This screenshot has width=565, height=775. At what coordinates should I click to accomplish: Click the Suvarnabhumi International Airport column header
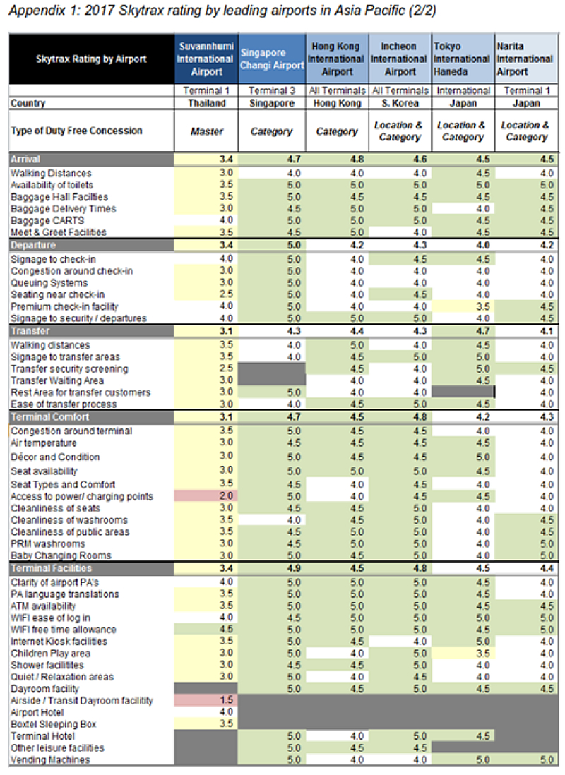(206, 59)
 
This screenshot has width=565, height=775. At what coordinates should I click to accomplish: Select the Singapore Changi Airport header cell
(272, 59)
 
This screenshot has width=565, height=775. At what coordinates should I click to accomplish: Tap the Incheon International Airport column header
(400, 59)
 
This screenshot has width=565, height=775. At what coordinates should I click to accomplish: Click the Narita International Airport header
(526, 59)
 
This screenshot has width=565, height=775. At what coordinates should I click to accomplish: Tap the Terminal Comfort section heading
(50, 416)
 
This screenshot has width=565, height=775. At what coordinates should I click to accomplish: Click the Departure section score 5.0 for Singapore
(294, 245)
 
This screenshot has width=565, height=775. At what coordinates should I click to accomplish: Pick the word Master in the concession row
(207, 131)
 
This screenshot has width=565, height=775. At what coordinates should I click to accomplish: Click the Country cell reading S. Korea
(400, 103)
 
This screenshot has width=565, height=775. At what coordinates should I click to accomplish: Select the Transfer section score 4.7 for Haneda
(483, 331)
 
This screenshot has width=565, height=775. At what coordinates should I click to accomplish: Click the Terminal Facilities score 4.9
(294, 568)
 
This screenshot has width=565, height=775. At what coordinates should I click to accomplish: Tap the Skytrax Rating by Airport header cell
(92, 59)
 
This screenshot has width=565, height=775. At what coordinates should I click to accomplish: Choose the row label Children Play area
(50, 654)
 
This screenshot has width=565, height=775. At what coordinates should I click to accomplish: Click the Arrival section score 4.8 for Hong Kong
(357, 159)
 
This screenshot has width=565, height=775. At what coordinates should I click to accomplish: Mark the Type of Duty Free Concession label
(77, 131)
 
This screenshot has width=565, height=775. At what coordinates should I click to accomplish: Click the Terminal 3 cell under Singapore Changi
(272, 90)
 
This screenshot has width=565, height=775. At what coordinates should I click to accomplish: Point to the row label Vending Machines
(50, 759)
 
